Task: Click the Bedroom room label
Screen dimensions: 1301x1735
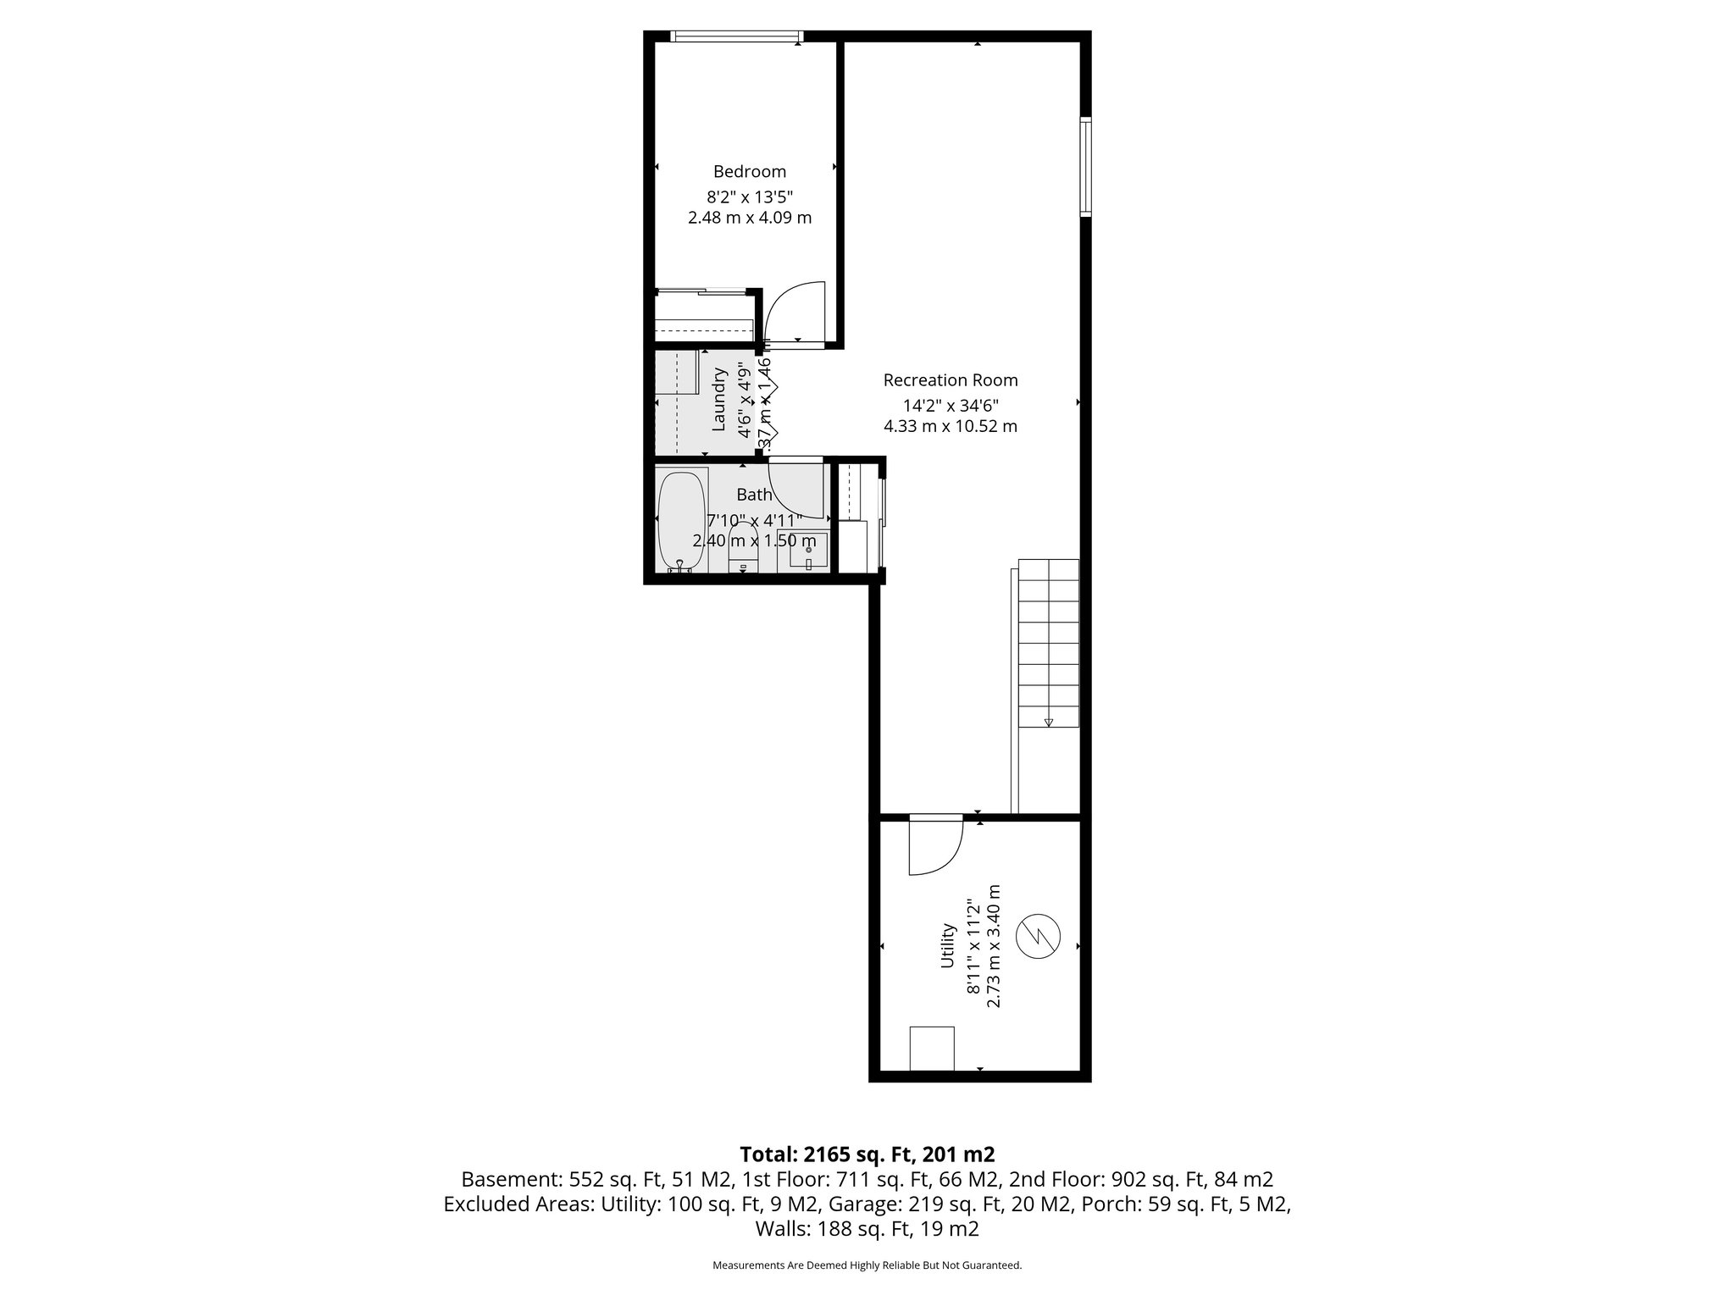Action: (x=749, y=172)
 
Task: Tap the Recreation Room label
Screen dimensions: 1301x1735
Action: (x=950, y=380)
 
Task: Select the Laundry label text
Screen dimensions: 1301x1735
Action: (x=719, y=399)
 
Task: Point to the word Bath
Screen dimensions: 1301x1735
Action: (x=753, y=495)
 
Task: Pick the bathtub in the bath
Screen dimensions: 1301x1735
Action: (x=681, y=521)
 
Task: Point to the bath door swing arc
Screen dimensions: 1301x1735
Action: (x=796, y=490)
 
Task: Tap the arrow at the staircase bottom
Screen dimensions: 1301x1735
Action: (x=1049, y=722)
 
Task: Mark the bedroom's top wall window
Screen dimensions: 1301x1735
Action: (x=735, y=36)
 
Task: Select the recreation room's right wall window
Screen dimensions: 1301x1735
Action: (x=1085, y=166)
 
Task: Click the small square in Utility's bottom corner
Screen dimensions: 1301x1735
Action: (x=932, y=1049)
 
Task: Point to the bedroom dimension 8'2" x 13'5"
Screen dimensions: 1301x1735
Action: (x=750, y=197)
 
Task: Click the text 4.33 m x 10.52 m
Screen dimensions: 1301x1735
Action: (x=950, y=426)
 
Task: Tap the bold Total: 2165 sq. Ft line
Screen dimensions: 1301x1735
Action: (x=867, y=1154)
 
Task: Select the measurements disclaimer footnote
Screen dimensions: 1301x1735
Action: (x=867, y=1265)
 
